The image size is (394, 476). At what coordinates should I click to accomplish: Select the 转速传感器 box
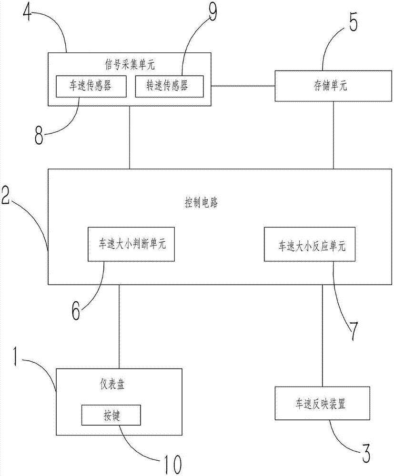coord(169,86)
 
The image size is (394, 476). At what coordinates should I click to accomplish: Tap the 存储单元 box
coord(333,86)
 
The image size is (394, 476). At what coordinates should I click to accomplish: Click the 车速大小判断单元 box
coord(131,244)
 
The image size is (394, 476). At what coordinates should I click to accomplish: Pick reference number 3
coord(365,453)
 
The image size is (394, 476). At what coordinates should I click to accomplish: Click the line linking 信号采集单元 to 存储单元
coord(243,86)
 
